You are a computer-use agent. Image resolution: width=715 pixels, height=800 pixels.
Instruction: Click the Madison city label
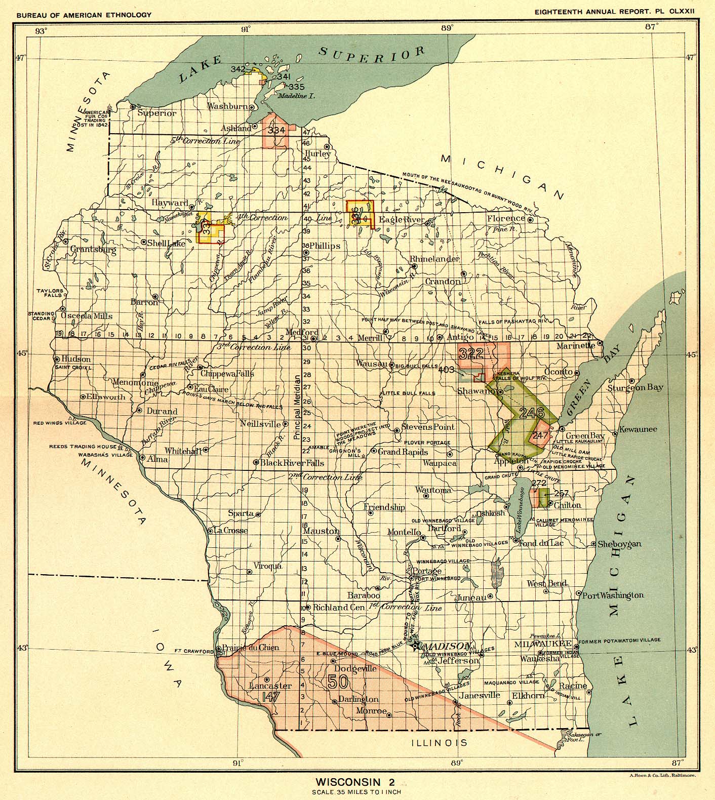click(447, 647)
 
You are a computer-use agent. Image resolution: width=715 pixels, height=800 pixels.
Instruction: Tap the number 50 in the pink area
click(338, 682)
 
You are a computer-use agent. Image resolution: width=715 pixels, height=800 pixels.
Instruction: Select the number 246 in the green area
click(532, 412)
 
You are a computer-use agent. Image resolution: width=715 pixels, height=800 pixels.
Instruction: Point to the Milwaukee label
click(543, 645)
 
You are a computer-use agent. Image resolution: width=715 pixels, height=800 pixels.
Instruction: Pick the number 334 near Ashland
click(277, 130)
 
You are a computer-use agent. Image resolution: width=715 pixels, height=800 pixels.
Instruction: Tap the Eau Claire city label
click(211, 389)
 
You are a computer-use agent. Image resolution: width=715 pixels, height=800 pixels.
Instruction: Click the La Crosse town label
click(230, 531)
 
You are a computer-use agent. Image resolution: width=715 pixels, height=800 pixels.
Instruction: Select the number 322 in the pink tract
click(471, 354)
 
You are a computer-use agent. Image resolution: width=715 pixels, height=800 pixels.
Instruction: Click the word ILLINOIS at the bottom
click(439, 743)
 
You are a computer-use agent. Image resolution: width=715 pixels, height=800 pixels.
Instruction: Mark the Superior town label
click(157, 113)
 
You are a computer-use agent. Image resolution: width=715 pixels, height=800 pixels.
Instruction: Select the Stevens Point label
click(428, 427)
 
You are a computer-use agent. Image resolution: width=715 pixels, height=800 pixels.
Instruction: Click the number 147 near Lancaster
click(271, 697)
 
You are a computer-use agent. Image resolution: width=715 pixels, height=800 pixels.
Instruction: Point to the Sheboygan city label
click(619, 544)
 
